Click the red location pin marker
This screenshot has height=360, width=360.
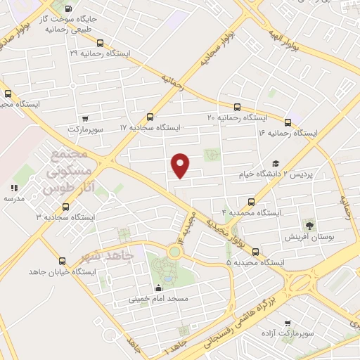[181, 165]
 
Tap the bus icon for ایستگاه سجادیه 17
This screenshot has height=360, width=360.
[149, 117]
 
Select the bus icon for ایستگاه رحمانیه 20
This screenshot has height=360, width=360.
[237, 108]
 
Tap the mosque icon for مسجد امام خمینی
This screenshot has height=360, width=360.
[158, 288]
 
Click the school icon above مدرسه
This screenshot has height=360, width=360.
[13, 188]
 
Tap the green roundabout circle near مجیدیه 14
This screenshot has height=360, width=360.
[173, 251]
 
